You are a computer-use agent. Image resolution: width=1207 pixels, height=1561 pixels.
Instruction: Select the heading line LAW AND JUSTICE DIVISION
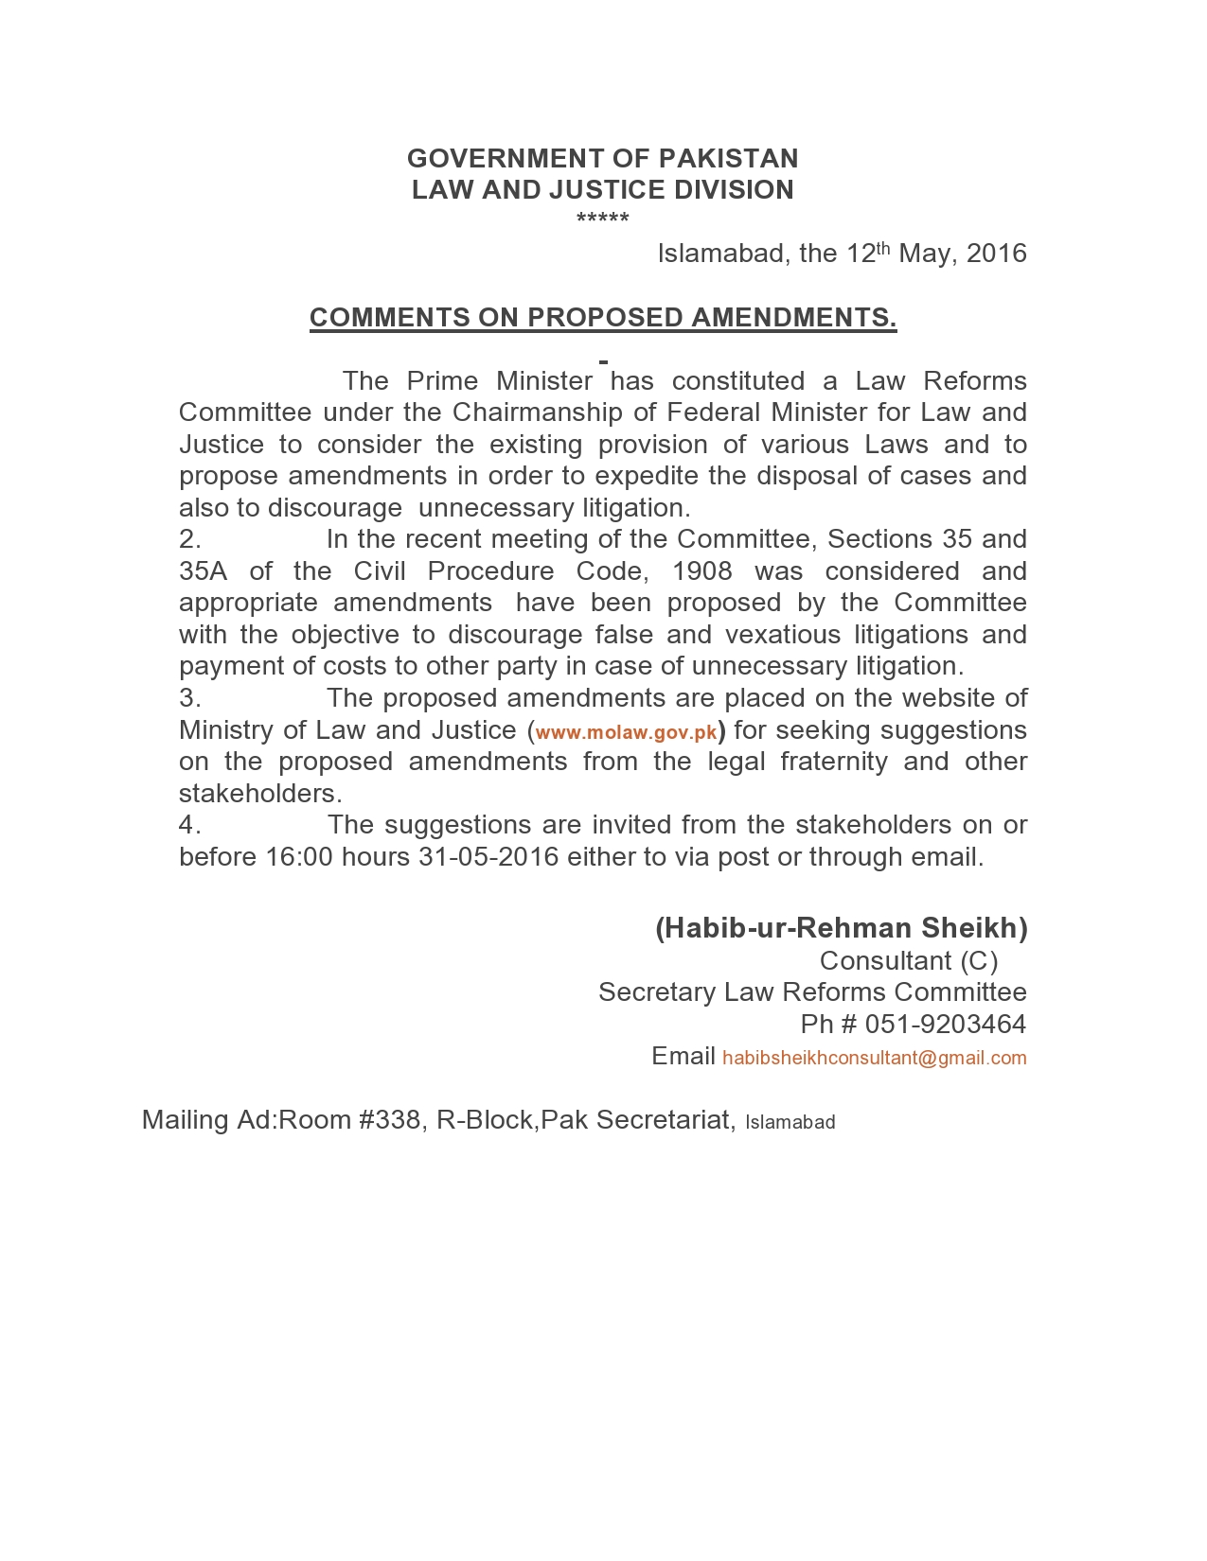[x=603, y=189]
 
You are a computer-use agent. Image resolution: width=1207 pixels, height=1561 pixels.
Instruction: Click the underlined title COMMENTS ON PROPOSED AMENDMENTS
[x=603, y=317]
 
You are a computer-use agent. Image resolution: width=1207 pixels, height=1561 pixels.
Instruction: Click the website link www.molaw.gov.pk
[x=627, y=732]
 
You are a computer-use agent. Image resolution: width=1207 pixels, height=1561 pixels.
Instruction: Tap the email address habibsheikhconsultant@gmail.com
[x=874, y=1058]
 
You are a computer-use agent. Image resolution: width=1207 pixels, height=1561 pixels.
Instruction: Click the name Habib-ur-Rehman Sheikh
[x=842, y=928]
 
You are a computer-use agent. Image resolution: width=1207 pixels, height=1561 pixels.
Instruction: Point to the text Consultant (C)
[x=909, y=961]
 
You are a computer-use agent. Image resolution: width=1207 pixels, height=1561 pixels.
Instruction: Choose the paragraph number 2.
[x=189, y=539]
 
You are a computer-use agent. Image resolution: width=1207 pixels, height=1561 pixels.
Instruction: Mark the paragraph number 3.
[x=189, y=698]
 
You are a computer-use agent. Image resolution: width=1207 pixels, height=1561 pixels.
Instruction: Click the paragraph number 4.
[x=189, y=825]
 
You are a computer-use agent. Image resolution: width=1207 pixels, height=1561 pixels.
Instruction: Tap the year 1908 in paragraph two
[x=701, y=571]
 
